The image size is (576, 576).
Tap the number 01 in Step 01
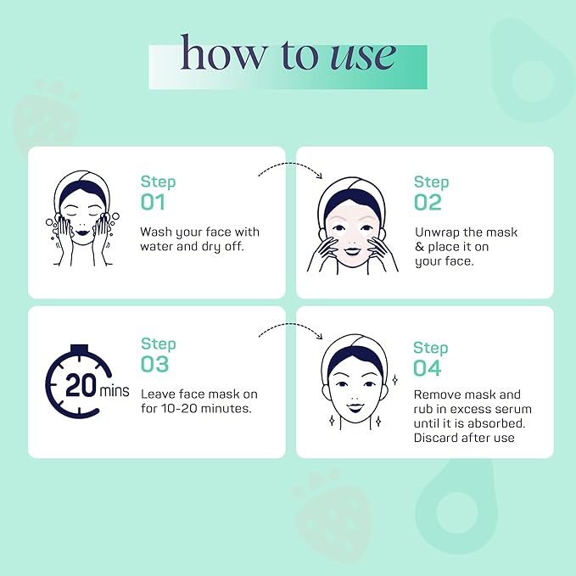coord(153,202)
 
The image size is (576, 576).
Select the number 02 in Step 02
coord(428,203)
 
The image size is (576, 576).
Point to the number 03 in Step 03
coord(154,364)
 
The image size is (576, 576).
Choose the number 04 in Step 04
coord(427,368)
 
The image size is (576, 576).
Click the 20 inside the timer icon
coord(81,386)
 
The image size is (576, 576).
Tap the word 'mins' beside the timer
coord(115,390)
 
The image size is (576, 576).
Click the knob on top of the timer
coord(80,349)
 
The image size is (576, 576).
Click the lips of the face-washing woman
coord(81,232)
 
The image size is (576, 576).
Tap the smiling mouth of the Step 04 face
coord(355,407)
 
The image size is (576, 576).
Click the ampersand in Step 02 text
coord(420,247)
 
